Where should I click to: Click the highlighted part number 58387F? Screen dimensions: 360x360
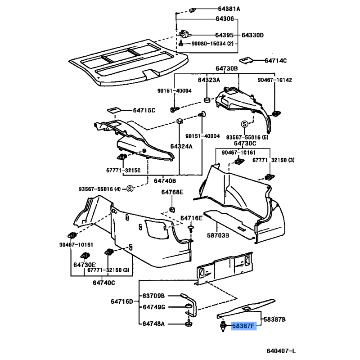pyautogui.click(x=243, y=326)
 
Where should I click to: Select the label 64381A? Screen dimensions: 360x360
pyautogui.click(x=229, y=9)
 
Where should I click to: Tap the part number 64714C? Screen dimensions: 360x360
pyautogui.click(x=275, y=61)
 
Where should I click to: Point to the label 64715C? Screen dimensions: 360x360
pyautogui.click(x=144, y=110)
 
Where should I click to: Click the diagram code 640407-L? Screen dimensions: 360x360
pyautogui.click(x=281, y=351)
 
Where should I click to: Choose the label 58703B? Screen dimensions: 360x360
pyautogui.click(x=218, y=235)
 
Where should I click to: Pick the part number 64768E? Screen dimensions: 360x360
pyautogui.click(x=172, y=192)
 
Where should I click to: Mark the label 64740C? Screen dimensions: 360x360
pyautogui.click(x=104, y=283)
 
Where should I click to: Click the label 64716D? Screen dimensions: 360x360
pyautogui.click(x=122, y=301)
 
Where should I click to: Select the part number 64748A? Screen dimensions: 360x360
pyautogui.click(x=153, y=324)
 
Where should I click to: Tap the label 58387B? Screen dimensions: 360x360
pyautogui.click(x=274, y=319)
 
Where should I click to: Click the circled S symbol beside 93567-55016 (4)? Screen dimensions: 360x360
pyautogui.click(x=130, y=189)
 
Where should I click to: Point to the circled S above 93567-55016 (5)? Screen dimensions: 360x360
pyautogui.click(x=244, y=124)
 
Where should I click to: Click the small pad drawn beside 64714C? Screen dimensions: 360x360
pyautogui.click(x=246, y=60)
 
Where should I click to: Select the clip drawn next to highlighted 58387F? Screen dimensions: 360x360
pyautogui.click(x=223, y=326)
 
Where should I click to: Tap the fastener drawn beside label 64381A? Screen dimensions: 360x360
pyautogui.click(x=192, y=10)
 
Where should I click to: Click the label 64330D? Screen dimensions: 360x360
pyautogui.click(x=252, y=36)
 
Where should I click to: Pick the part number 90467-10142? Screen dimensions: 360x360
pyautogui.click(x=275, y=80)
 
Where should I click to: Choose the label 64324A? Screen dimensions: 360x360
pyautogui.click(x=181, y=146)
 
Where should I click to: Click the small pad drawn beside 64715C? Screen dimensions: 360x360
pyautogui.click(x=114, y=110)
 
